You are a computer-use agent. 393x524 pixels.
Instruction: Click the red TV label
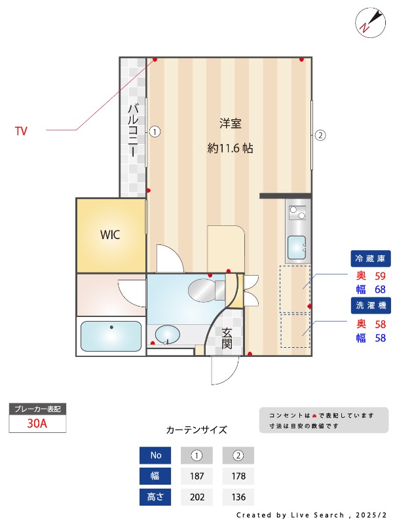click(x=21, y=131)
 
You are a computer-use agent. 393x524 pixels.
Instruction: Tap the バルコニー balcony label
click(x=133, y=130)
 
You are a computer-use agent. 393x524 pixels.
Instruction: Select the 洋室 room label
click(x=230, y=123)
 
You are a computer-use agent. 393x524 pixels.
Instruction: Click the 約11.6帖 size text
click(x=230, y=149)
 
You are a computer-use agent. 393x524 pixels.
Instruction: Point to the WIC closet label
click(x=110, y=235)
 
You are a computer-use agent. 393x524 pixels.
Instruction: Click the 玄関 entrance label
click(x=227, y=338)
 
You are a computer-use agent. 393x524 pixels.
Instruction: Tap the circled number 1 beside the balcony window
click(x=154, y=131)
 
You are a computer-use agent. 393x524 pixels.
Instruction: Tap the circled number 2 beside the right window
click(x=320, y=136)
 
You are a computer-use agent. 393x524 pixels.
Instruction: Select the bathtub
click(x=111, y=336)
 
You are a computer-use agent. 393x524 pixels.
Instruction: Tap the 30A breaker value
click(x=37, y=423)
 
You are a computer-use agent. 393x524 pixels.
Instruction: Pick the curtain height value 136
click(x=238, y=498)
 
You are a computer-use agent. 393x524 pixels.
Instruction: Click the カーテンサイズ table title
click(x=196, y=430)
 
